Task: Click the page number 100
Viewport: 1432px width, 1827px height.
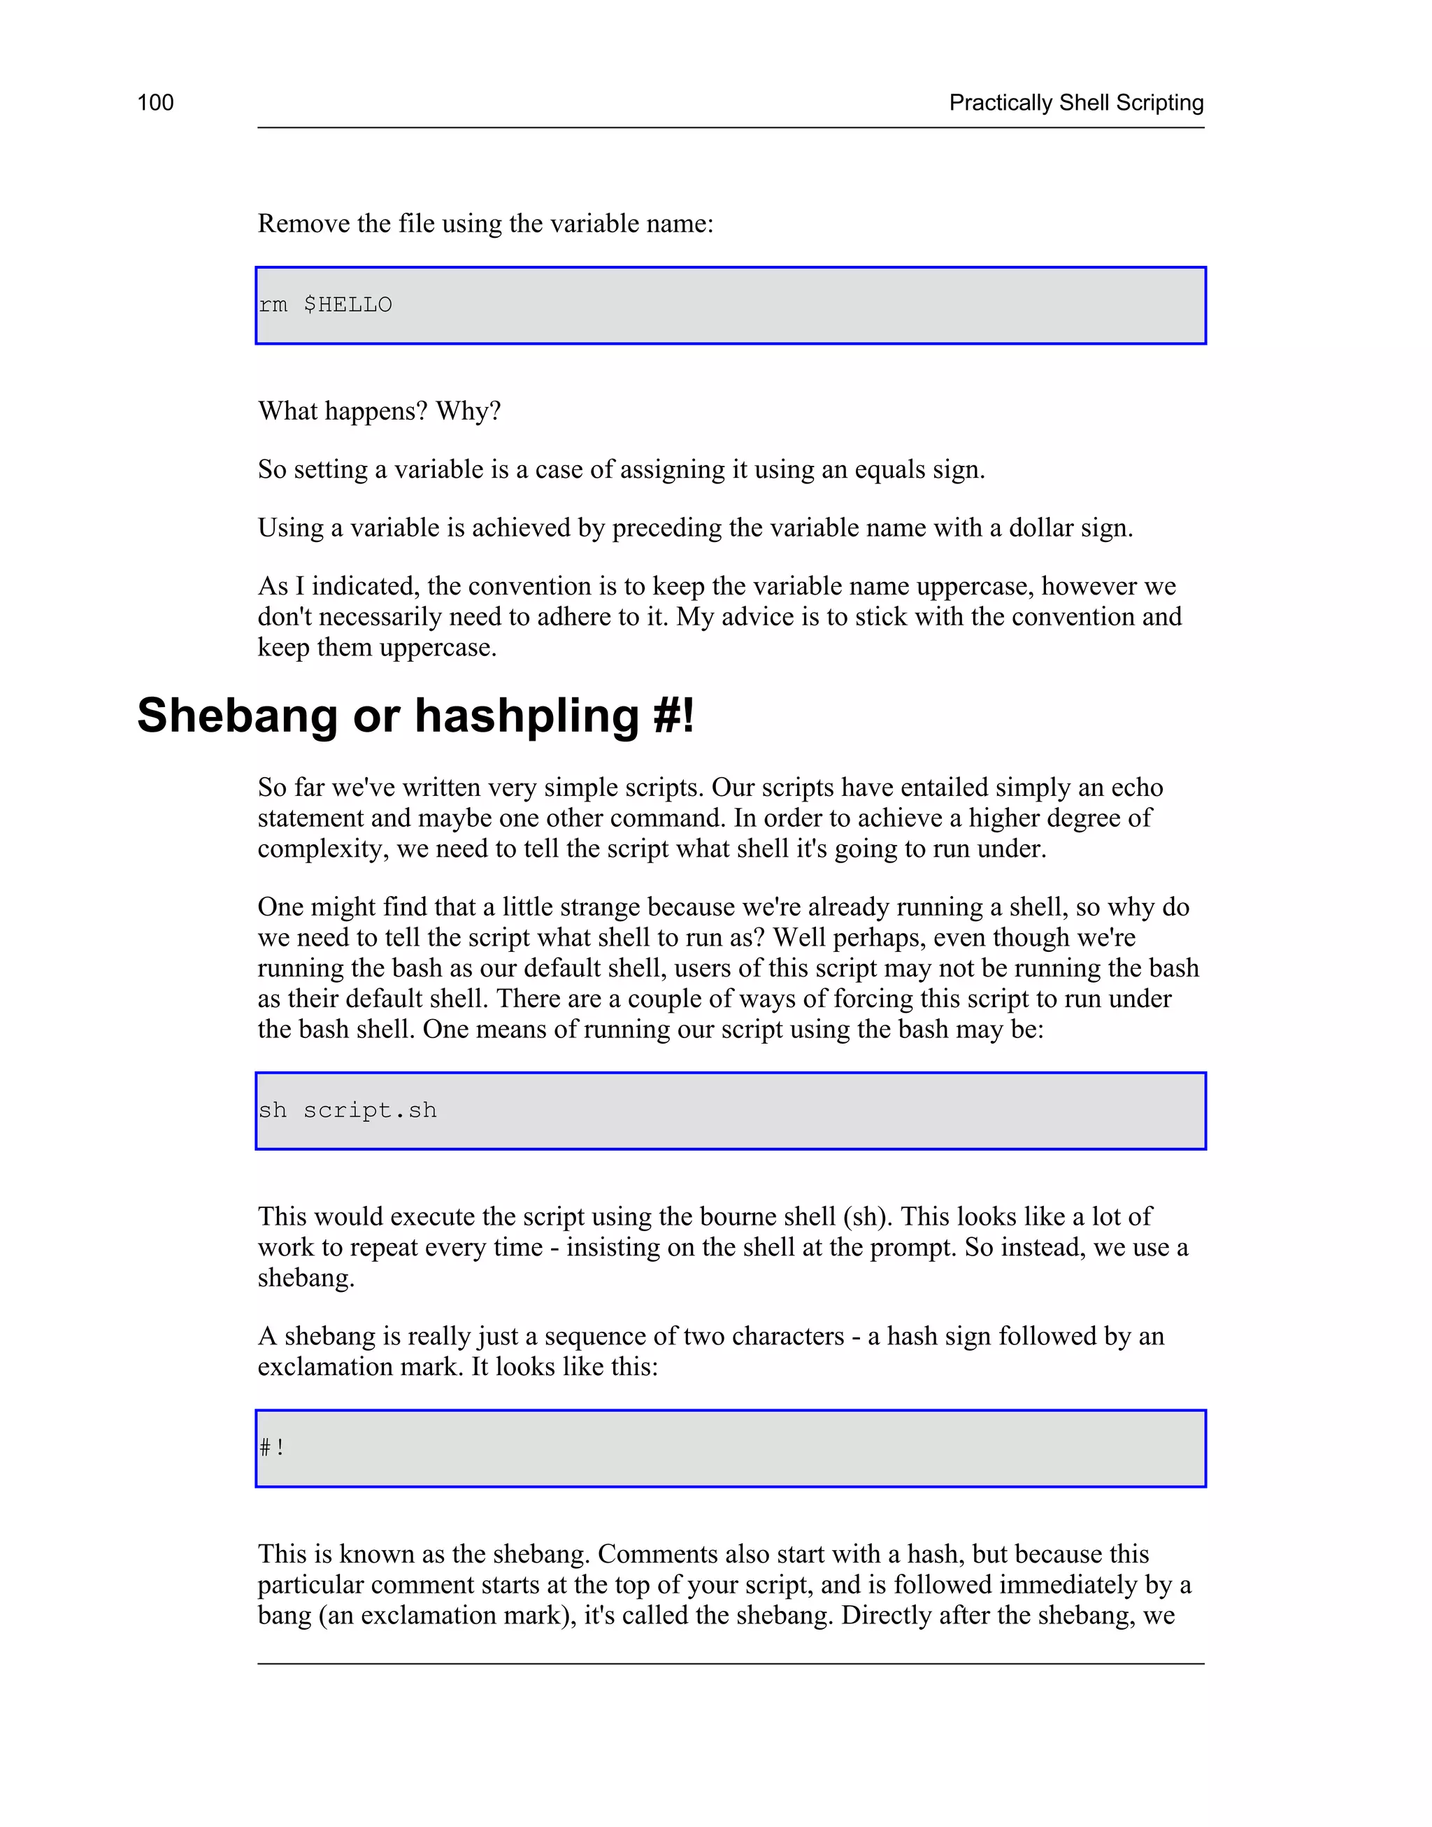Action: click(x=155, y=103)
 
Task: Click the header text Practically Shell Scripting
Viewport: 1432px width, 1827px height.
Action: click(x=1075, y=103)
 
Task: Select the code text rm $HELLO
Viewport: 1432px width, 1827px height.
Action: click(x=325, y=305)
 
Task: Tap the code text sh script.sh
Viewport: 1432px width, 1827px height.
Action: click(x=347, y=1111)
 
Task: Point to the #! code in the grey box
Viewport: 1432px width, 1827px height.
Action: click(x=271, y=1448)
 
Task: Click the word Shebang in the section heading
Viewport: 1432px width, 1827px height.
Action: click(x=236, y=716)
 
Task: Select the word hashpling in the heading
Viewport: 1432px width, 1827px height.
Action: click(x=527, y=716)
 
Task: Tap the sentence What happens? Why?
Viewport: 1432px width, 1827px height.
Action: click(x=379, y=412)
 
